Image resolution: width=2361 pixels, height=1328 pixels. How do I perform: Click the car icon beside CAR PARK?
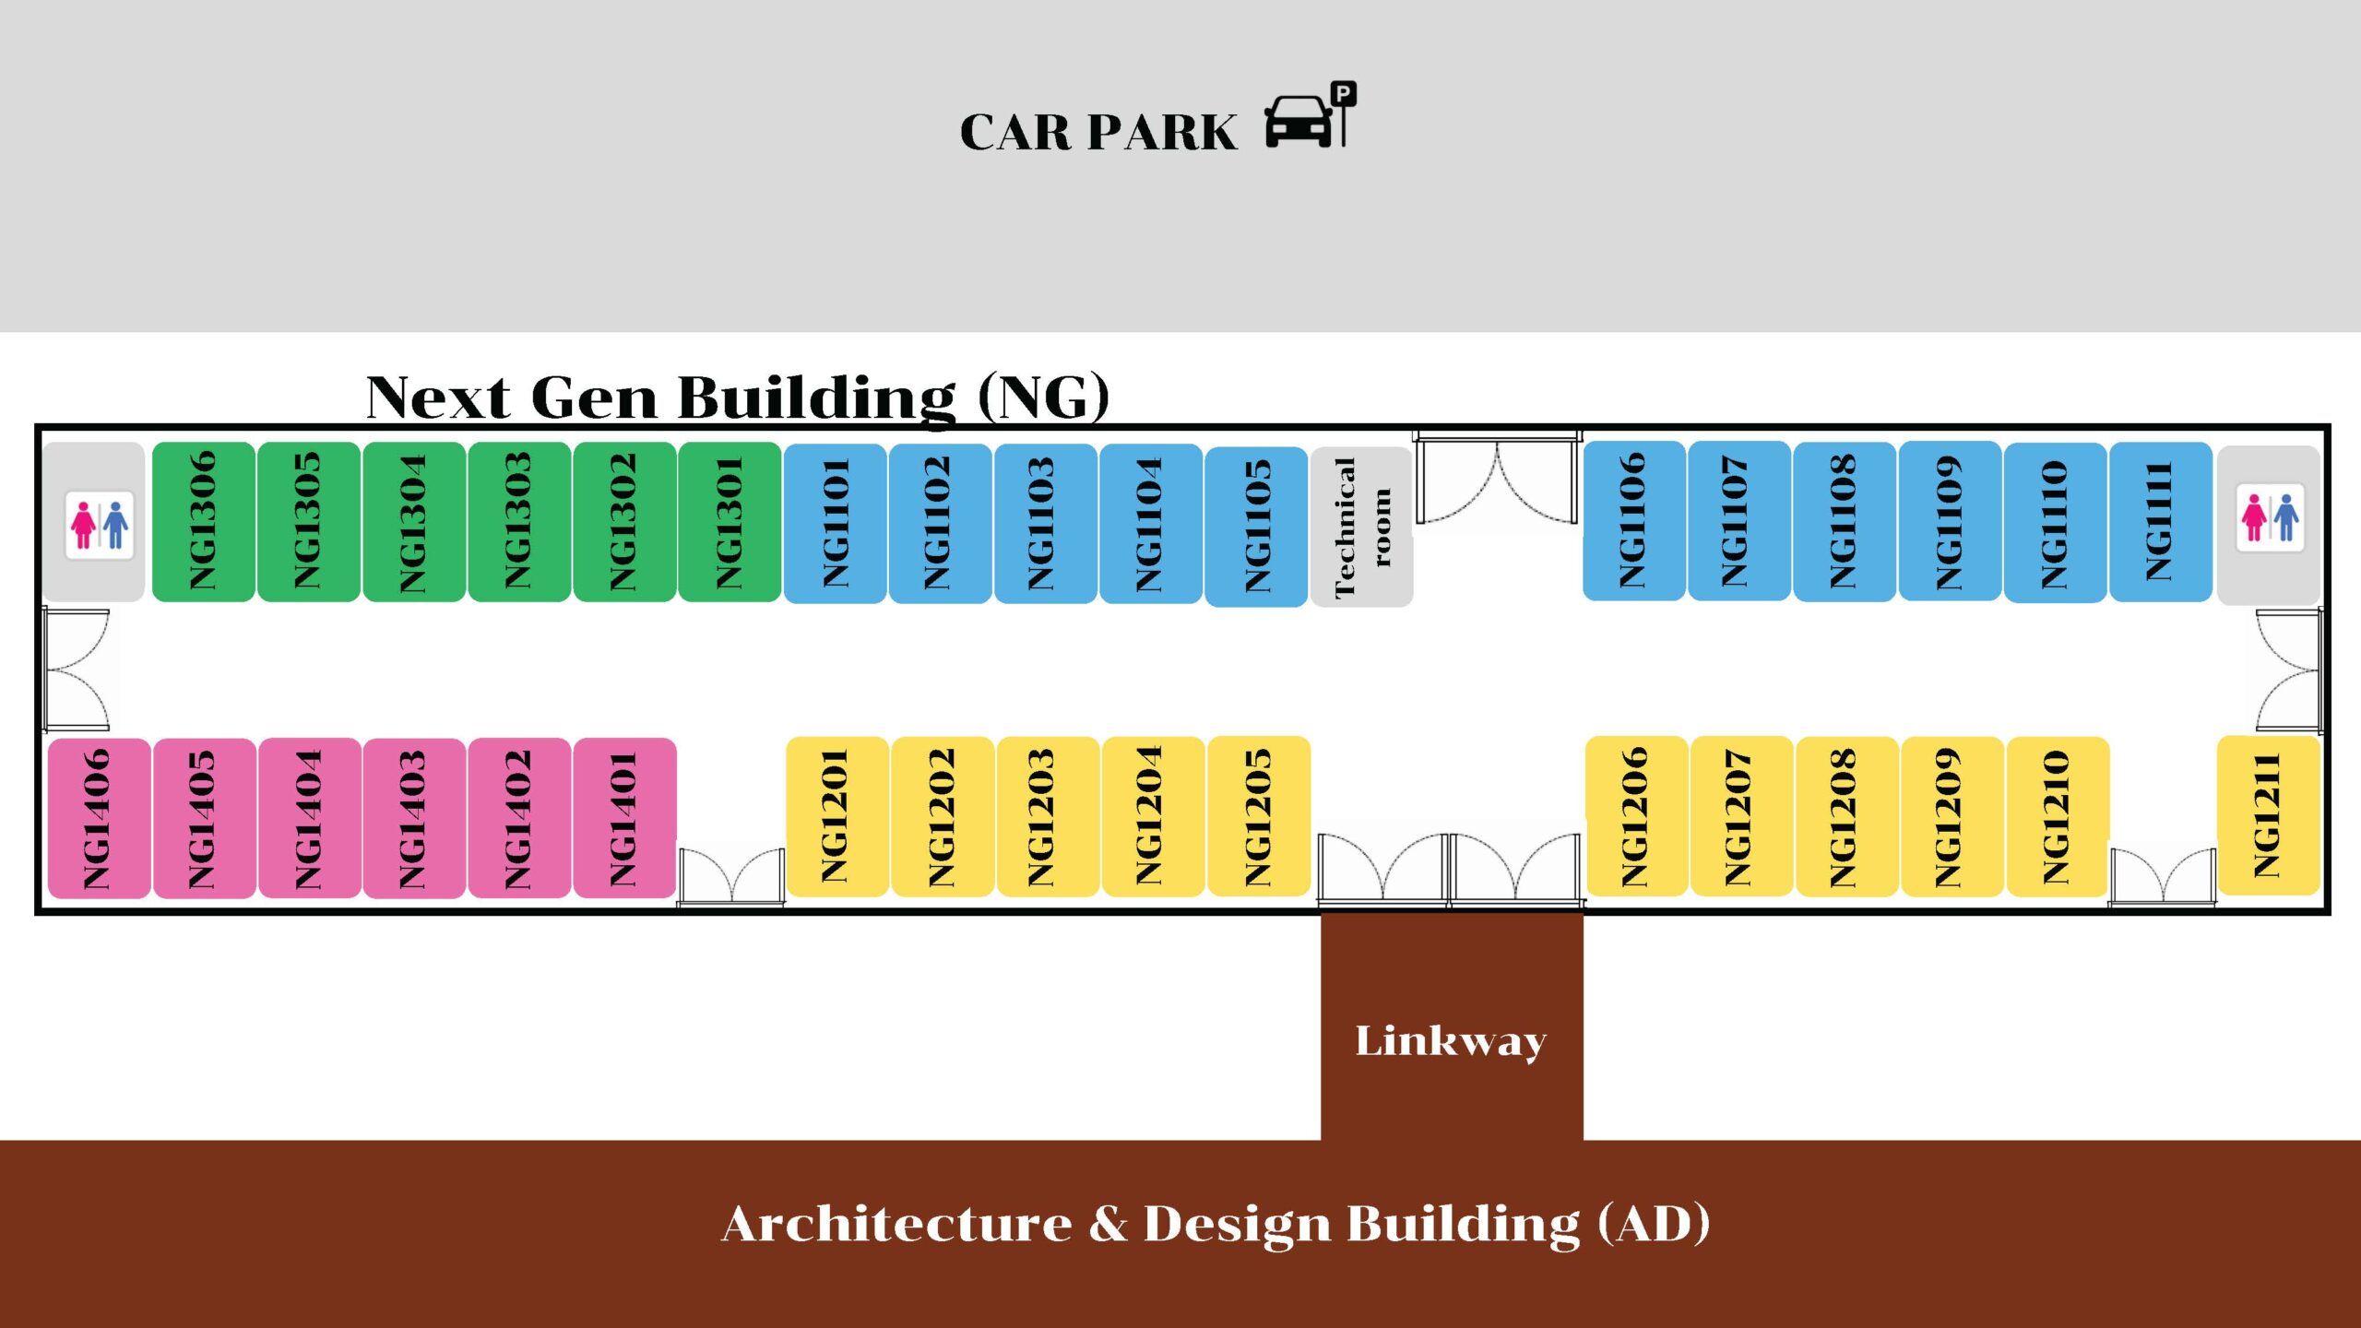1299,122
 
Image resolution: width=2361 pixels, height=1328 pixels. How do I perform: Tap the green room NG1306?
203,522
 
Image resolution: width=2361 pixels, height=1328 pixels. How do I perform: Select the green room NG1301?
730,522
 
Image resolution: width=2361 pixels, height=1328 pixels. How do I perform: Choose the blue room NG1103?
1046,524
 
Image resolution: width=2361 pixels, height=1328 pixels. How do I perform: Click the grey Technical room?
1361,527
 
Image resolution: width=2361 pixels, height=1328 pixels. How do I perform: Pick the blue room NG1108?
1845,521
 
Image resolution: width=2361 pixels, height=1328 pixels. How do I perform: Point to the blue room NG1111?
2160,522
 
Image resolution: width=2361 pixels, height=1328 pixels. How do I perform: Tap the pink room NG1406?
99,818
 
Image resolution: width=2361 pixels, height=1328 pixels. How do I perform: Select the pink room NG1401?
624,818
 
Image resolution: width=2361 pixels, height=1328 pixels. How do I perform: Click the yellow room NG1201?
836,816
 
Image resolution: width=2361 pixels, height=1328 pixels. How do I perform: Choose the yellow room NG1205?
1258,816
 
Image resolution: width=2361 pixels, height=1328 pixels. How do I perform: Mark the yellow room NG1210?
2057,817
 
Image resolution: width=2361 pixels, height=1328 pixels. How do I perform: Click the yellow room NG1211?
2268,815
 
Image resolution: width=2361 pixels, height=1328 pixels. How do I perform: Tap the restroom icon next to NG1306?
100,525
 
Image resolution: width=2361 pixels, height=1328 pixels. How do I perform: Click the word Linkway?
1451,1040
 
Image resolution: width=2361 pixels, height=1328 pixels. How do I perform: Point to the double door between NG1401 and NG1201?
731,876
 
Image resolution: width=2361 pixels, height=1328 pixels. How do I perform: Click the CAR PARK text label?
1097,133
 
